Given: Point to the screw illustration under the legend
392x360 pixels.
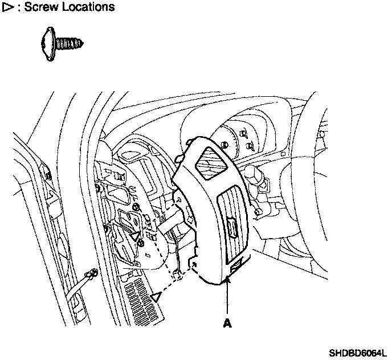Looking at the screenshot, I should point(62,44).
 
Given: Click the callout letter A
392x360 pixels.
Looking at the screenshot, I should point(227,324).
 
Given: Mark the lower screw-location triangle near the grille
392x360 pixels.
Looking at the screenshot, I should point(157,296).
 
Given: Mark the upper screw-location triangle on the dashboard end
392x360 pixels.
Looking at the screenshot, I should point(135,235).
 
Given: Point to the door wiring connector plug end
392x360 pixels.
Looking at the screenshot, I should point(89,277).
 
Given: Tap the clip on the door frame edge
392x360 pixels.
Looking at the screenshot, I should point(47,170).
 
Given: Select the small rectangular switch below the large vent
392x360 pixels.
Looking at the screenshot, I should point(239,263).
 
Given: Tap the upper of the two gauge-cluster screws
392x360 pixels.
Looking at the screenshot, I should point(243,134).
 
